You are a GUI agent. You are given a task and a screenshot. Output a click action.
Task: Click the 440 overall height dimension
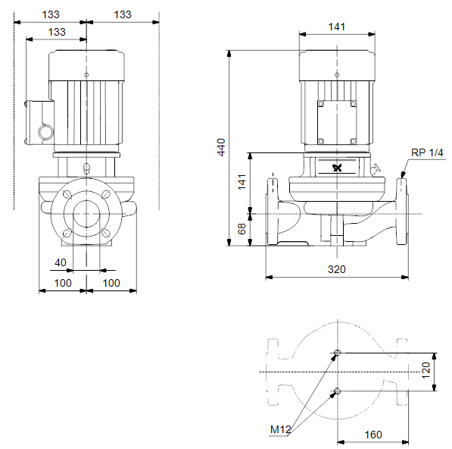(x=221, y=147)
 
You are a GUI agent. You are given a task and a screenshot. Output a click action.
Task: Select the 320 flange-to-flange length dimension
(x=337, y=269)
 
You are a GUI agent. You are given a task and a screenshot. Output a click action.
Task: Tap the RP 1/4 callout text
(x=427, y=152)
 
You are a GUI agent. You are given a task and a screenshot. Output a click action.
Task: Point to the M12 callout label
(x=280, y=429)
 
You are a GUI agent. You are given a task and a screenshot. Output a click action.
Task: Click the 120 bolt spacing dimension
(x=426, y=370)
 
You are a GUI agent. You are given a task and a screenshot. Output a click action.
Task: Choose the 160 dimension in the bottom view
(x=373, y=435)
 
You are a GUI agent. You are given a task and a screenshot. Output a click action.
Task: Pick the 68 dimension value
(x=242, y=229)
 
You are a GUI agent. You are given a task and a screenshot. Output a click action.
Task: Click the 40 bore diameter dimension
(x=61, y=262)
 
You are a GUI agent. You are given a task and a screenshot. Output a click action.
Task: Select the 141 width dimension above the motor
(x=337, y=27)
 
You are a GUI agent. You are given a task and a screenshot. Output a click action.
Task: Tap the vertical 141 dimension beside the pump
(x=242, y=181)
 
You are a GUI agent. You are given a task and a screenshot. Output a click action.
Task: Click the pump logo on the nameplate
(x=337, y=168)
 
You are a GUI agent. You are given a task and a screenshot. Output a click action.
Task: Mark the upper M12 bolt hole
(x=337, y=353)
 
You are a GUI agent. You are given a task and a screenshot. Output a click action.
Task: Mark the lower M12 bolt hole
(x=337, y=391)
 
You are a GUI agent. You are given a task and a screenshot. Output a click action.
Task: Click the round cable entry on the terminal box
(x=46, y=132)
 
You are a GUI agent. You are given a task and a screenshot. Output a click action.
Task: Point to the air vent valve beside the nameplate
(x=375, y=168)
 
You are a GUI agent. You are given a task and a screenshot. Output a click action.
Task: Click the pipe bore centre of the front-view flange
(x=86, y=214)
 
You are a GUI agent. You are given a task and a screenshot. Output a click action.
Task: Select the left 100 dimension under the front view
(x=63, y=283)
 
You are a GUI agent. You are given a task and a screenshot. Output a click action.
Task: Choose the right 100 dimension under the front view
(x=111, y=283)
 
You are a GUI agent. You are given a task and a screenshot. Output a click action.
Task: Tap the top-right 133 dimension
(x=123, y=14)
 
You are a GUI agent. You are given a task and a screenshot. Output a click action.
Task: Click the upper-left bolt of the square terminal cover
(x=321, y=104)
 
